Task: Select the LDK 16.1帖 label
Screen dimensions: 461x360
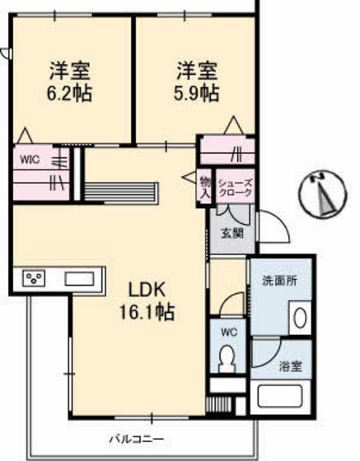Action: (x=149, y=301)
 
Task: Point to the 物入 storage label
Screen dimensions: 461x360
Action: (x=205, y=187)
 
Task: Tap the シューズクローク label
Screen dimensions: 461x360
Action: (x=234, y=187)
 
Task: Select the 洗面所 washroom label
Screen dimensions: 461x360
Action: (x=280, y=280)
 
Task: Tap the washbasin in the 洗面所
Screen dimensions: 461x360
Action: (x=299, y=317)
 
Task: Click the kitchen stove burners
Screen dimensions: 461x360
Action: (x=34, y=278)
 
